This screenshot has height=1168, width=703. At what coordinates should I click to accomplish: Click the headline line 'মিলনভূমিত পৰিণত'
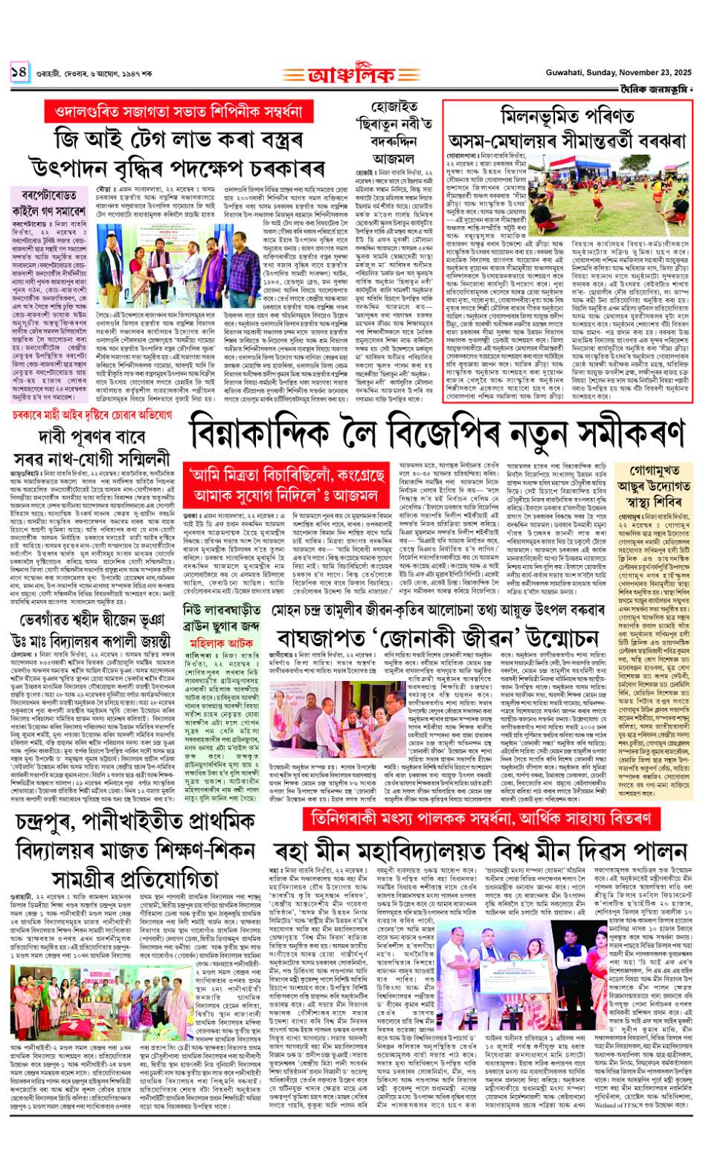[x=567, y=115]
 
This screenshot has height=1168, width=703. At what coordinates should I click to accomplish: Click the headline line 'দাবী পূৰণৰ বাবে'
[x=91, y=437]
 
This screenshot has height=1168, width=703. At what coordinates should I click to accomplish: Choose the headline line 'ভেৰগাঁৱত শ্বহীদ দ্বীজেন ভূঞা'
[x=92, y=619]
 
